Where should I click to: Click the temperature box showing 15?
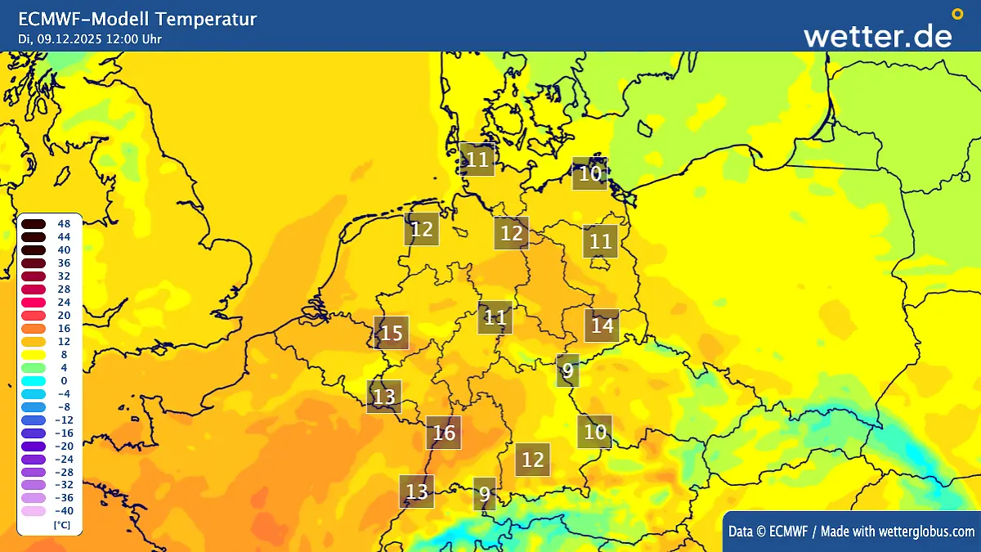click(392, 333)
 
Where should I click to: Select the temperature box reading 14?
click(602, 325)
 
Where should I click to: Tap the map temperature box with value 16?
click(444, 433)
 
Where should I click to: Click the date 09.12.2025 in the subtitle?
click(69, 38)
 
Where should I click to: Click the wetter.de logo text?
click(877, 36)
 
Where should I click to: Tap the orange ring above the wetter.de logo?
click(957, 14)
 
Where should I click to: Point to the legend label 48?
click(64, 223)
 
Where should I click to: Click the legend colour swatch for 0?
click(34, 380)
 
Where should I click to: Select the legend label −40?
click(62, 511)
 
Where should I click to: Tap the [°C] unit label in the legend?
click(61, 524)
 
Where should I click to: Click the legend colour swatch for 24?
click(34, 302)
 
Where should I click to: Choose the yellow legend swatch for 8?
click(34, 354)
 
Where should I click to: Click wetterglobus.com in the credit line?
click(926, 532)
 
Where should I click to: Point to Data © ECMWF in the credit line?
click(768, 532)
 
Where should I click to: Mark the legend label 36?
click(64, 263)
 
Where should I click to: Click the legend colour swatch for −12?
click(34, 420)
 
